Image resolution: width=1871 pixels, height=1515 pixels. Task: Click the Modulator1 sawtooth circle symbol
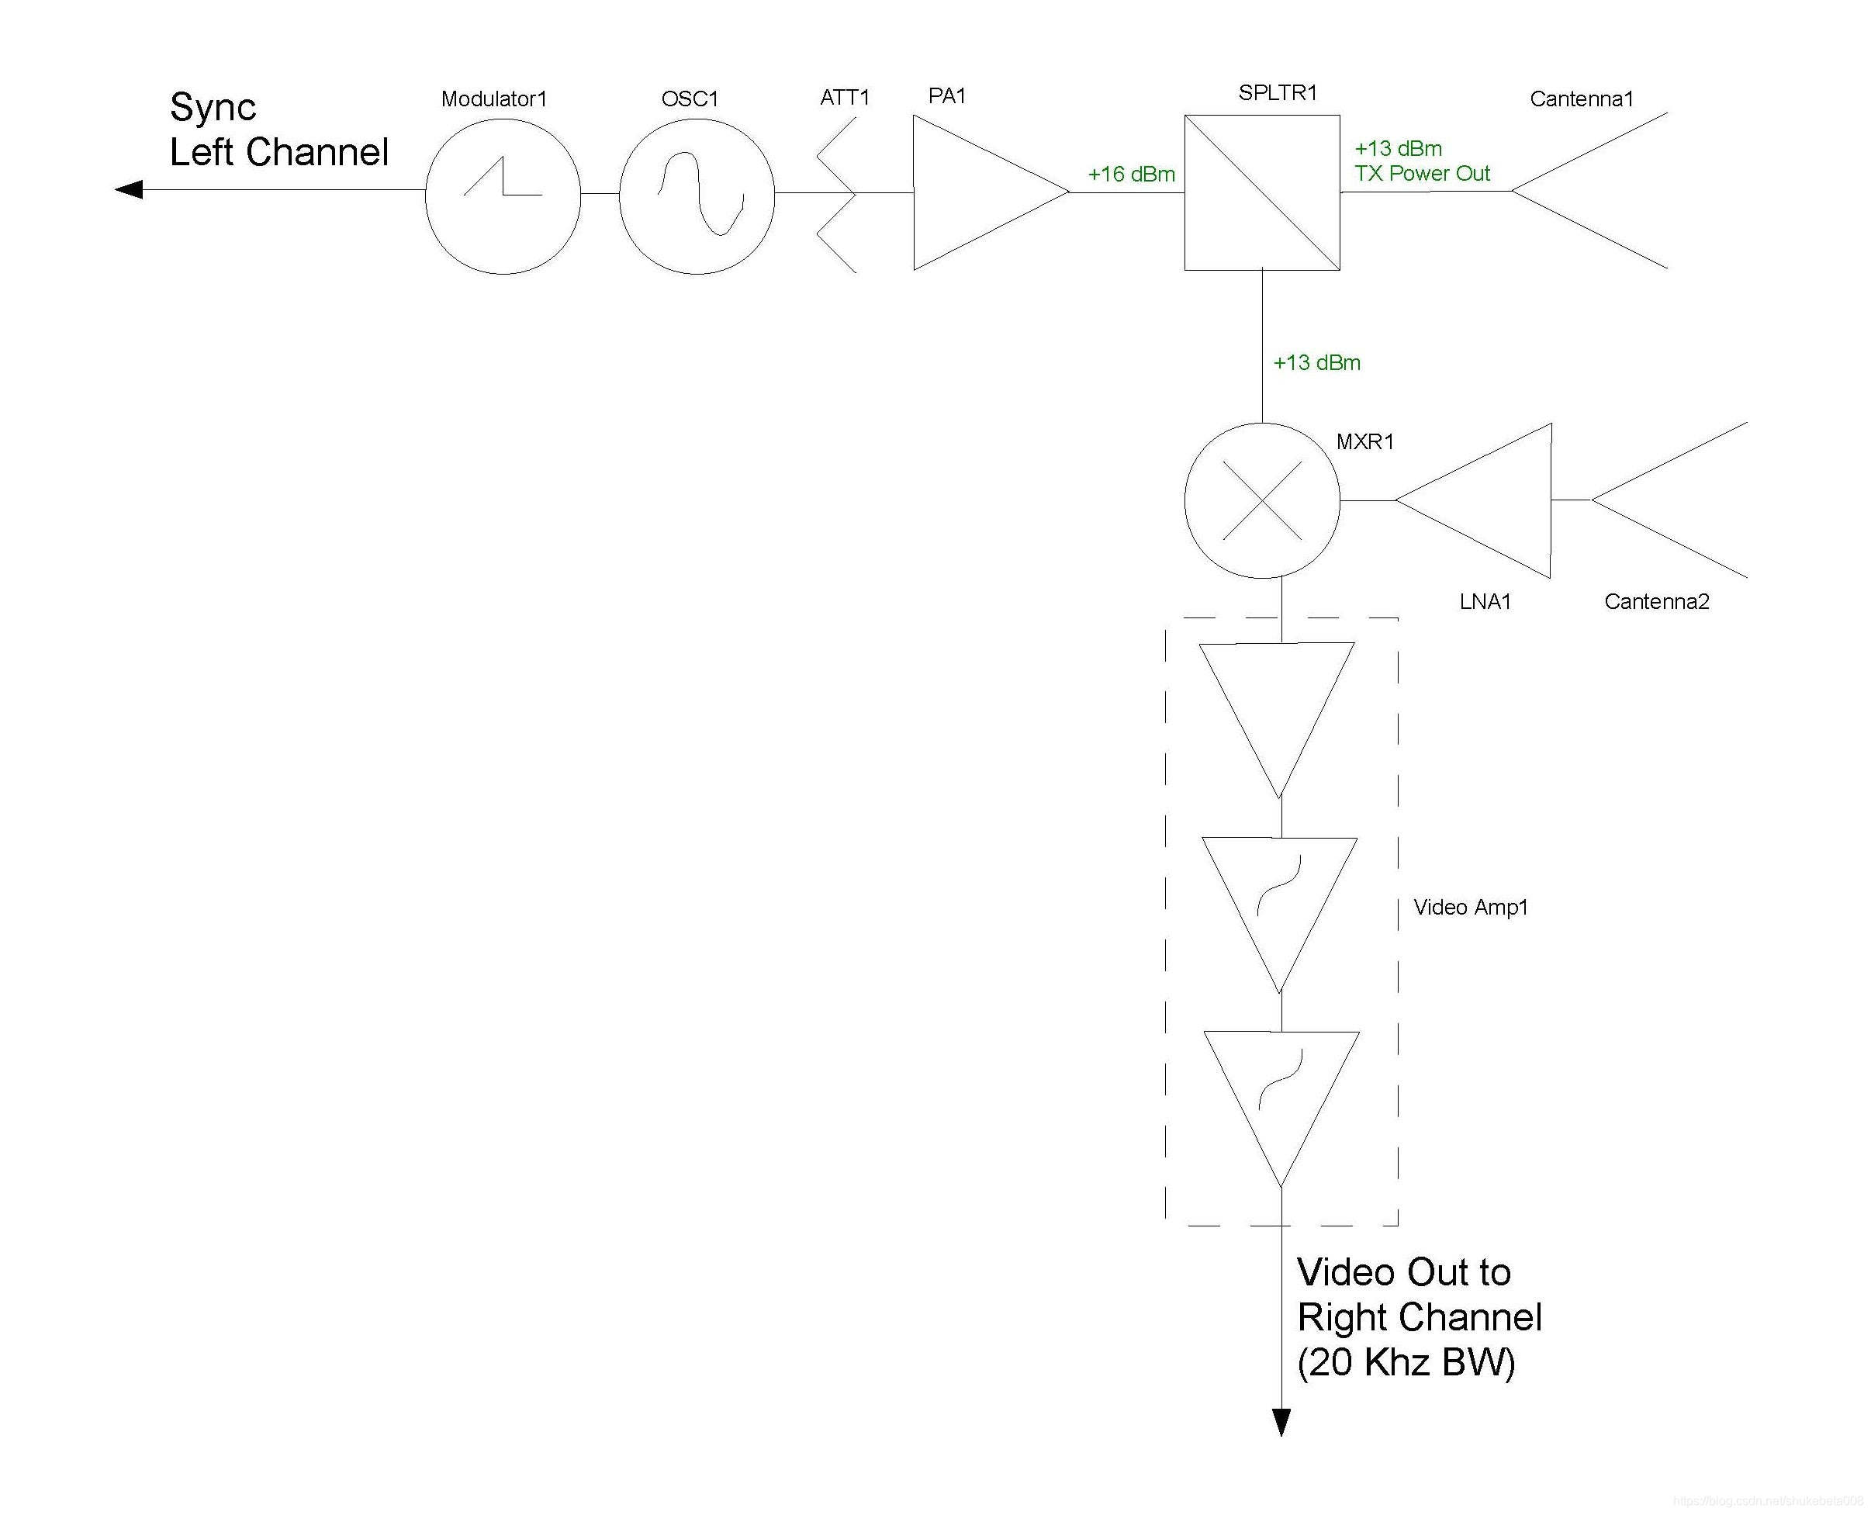(x=503, y=196)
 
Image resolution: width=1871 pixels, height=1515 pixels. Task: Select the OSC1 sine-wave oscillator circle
(x=697, y=196)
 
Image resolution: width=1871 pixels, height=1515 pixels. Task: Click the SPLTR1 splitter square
(x=1262, y=192)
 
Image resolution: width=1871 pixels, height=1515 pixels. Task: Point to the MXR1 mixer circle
(x=1262, y=501)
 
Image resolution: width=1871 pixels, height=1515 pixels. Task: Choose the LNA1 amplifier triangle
(x=1488, y=501)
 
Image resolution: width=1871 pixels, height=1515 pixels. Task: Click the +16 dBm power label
(x=1131, y=175)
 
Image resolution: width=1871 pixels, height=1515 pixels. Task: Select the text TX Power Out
(x=1422, y=174)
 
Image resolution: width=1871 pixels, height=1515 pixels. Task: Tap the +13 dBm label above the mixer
(x=1317, y=363)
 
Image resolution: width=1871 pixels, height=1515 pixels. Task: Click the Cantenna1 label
(x=1581, y=99)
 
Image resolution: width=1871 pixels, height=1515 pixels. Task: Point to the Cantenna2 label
(x=1656, y=601)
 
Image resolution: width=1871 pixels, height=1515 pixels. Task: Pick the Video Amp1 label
(x=1471, y=908)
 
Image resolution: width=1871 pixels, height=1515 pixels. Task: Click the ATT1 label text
(x=845, y=97)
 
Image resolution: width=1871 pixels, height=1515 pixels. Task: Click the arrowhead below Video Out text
(x=1281, y=1422)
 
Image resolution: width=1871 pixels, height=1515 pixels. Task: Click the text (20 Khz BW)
(x=1406, y=1362)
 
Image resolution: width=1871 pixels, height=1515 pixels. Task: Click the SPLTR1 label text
(x=1278, y=92)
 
